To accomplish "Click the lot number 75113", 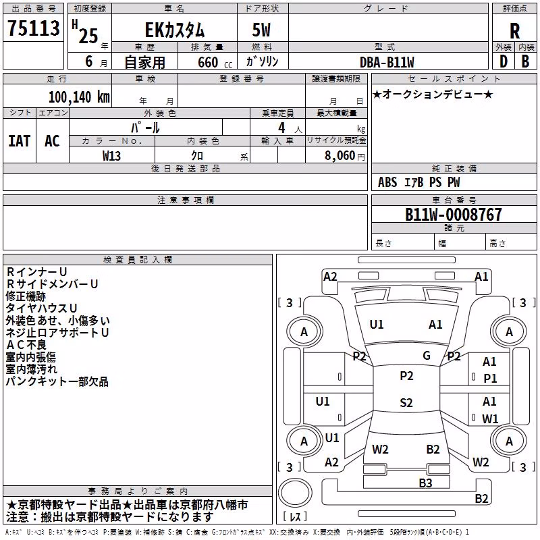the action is tap(33, 28).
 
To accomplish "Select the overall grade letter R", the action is tap(514, 30).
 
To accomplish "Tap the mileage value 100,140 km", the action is tap(79, 97).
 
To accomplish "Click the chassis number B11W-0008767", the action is tap(454, 214).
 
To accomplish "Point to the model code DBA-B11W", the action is tap(387, 62).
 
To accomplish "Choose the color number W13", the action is tap(111, 156).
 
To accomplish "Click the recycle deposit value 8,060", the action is tap(340, 155).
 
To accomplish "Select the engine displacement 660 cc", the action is tap(215, 62).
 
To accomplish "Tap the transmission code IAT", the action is tap(19, 141).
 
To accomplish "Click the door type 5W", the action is tap(261, 30).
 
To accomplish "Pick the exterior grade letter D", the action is tap(503, 61).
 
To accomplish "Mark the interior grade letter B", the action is tap(525, 61).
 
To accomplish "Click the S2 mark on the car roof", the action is tap(406, 402).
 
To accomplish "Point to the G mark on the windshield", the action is tap(427, 355).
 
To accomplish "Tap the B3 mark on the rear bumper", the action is tap(425, 483).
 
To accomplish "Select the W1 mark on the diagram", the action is tap(490, 418).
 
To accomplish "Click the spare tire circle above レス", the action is tap(295, 492).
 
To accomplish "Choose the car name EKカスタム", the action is tap(175, 30).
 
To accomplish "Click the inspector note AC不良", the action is tap(26, 345).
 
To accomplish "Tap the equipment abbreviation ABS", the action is tap(387, 182).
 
